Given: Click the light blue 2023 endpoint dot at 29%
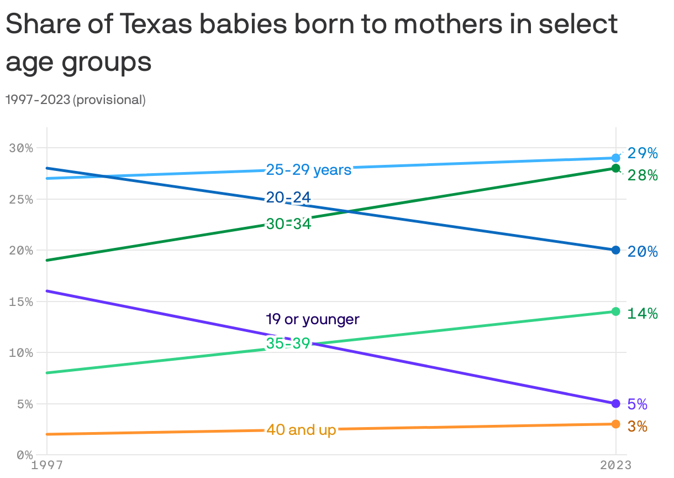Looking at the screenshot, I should (615, 158).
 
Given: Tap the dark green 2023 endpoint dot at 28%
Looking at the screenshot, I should (615, 168).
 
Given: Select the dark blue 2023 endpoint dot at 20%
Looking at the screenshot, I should (615, 250).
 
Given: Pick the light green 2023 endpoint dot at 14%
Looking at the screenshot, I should (615, 311).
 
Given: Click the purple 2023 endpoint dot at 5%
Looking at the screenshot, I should (615, 403).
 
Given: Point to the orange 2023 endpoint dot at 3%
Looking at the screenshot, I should (615, 424).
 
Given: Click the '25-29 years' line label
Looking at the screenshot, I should (308, 170).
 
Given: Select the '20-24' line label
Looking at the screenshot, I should (288, 198).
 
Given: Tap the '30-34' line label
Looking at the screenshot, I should (288, 224).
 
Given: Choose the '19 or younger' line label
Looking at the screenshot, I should (312, 319).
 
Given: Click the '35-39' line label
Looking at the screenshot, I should (288, 344).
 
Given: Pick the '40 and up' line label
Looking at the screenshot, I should (301, 430).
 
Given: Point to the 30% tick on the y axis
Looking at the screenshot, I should (21, 148).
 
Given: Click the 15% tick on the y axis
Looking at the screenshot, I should (21, 302).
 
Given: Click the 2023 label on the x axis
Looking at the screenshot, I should (615, 466).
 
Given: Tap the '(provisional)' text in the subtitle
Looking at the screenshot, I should (109, 100).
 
